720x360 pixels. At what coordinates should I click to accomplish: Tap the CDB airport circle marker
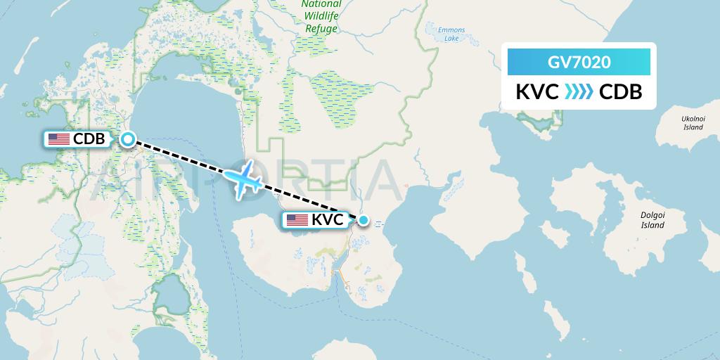[x=127, y=139]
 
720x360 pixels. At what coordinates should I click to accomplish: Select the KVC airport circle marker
[x=363, y=220]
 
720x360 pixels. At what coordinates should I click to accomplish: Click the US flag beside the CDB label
[x=58, y=139]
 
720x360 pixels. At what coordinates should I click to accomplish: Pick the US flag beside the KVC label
[x=297, y=220]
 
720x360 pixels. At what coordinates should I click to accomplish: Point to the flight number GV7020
[x=579, y=62]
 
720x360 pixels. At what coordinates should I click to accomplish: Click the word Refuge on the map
[x=321, y=29]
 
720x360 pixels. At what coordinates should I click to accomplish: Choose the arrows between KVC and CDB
[x=579, y=92]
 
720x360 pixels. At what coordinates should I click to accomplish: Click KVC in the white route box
[x=537, y=92]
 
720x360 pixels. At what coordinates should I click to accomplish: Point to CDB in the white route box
[x=620, y=92]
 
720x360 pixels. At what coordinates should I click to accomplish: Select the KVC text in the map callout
[x=328, y=220]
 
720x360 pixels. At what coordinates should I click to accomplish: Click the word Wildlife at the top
[x=321, y=16]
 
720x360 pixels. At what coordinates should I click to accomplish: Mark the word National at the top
[x=321, y=4]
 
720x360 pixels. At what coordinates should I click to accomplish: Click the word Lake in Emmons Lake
[x=451, y=39]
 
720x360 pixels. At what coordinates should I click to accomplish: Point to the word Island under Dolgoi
[x=652, y=226]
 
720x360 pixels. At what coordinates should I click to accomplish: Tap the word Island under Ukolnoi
[x=693, y=128]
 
